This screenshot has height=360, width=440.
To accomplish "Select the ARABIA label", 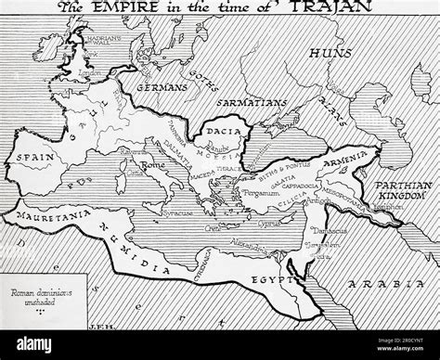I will pos(390,263).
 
